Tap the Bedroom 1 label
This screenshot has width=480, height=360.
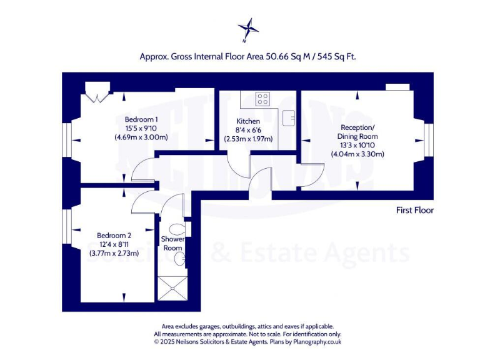(141, 119)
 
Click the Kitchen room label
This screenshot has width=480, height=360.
(248, 121)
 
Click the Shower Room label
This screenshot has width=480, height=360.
(172, 243)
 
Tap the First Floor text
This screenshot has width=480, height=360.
(414, 210)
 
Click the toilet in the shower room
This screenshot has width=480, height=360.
(177, 229)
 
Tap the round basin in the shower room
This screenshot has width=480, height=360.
(179, 259)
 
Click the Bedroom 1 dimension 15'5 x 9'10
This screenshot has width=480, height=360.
(141, 128)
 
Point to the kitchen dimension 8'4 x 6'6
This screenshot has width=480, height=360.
(248, 130)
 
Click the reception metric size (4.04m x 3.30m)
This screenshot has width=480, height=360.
(357, 154)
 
